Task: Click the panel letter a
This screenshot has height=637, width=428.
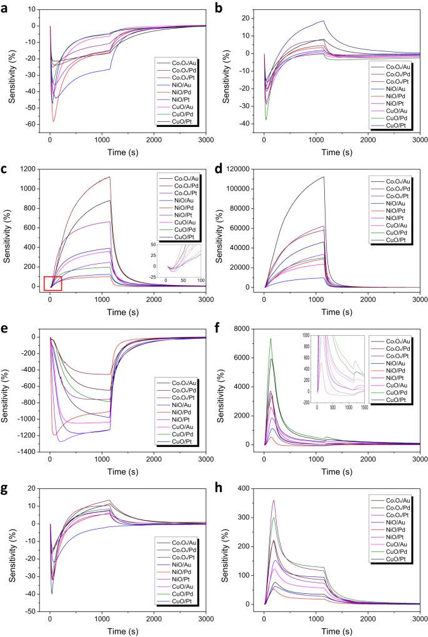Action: [5, 7]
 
